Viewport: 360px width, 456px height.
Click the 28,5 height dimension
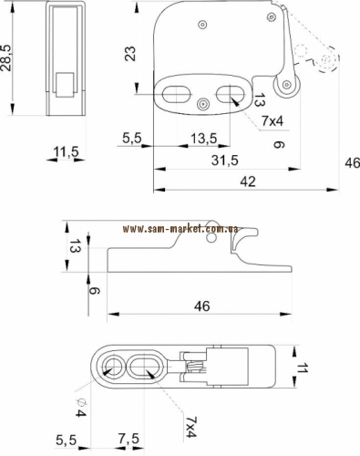pos(6,57)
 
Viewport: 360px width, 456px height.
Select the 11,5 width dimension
pos(66,151)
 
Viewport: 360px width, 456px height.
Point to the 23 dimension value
pos(130,54)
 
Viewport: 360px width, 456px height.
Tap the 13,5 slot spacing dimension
pos(203,139)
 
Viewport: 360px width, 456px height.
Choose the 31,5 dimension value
pos(225,161)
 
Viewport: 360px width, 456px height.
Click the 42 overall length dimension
pos(248,181)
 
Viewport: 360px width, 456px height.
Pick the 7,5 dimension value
pos(129,439)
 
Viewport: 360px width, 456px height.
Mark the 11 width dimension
pos(302,368)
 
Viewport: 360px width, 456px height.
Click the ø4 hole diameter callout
pos(80,409)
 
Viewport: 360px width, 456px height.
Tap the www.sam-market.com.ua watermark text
pos(180,229)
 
